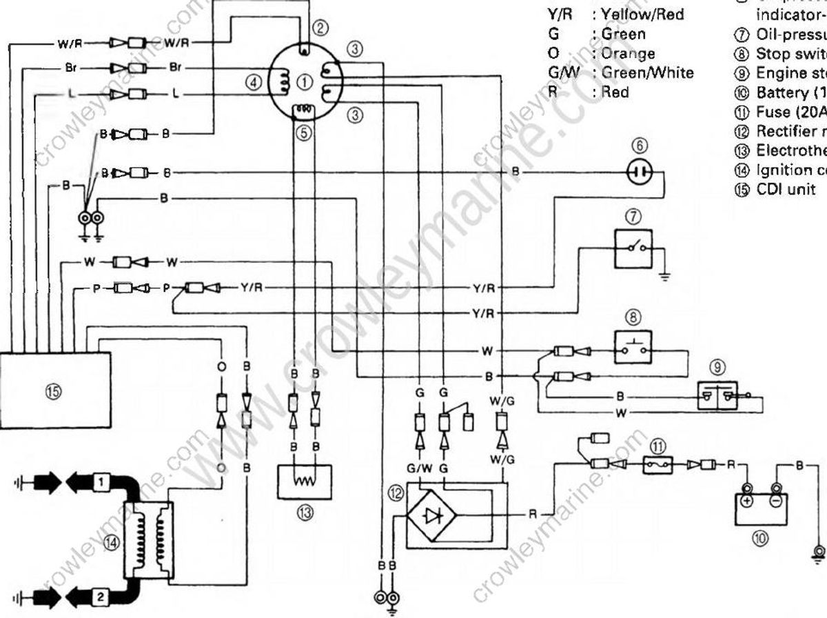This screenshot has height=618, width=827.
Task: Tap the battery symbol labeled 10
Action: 759,507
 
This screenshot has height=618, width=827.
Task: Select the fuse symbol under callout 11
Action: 658,466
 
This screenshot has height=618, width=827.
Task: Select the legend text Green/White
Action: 647,72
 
